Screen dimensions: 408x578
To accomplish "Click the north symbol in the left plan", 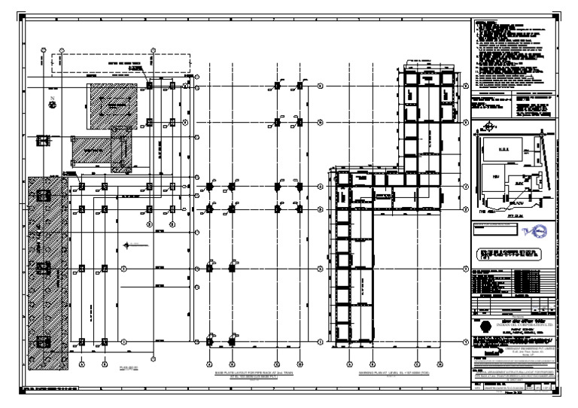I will point(53,103).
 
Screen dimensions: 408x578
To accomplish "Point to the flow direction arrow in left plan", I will point(134,245).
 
